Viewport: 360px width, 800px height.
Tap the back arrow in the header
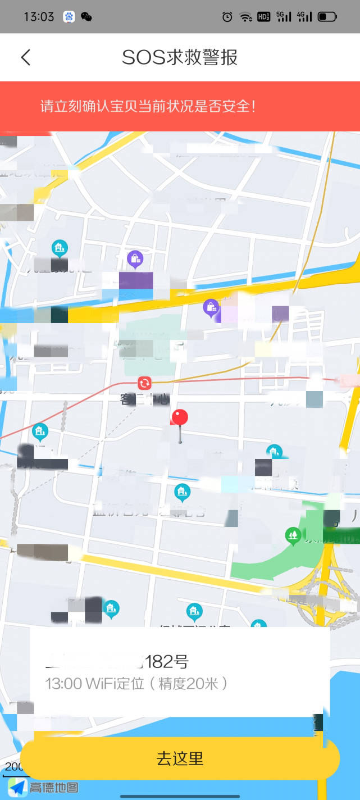pyautogui.click(x=26, y=57)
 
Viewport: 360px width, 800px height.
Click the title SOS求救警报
pyautogui.click(x=180, y=57)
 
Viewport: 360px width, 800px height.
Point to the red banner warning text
pyautogui.click(x=148, y=106)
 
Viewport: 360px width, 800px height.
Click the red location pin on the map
pyautogui.click(x=179, y=418)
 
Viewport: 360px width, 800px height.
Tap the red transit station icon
pyautogui.click(x=145, y=383)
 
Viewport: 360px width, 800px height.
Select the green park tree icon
pyautogui.click(x=293, y=534)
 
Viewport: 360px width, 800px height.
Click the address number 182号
pyautogui.click(x=167, y=662)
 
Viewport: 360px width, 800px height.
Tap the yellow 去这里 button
pyautogui.click(x=180, y=758)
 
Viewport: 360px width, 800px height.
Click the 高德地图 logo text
pyautogui.click(x=54, y=788)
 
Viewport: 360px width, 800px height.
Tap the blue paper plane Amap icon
pyautogui.click(x=17, y=787)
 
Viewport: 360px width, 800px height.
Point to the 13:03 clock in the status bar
pyautogui.click(x=39, y=16)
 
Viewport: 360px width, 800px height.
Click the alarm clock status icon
pyautogui.click(x=227, y=17)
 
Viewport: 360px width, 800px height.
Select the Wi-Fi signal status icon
pyautogui.click(x=245, y=17)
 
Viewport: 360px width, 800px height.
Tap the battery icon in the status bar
pyautogui.click(x=327, y=17)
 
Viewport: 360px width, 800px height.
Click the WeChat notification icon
pyautogui.click(x=86, y=17)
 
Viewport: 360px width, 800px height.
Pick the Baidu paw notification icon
pyautogui.click(x=69, y=17)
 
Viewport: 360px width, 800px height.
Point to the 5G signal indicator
pyautogui.click(x=284, y=17)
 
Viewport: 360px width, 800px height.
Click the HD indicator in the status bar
pyautogui.click(x=264, y=17)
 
